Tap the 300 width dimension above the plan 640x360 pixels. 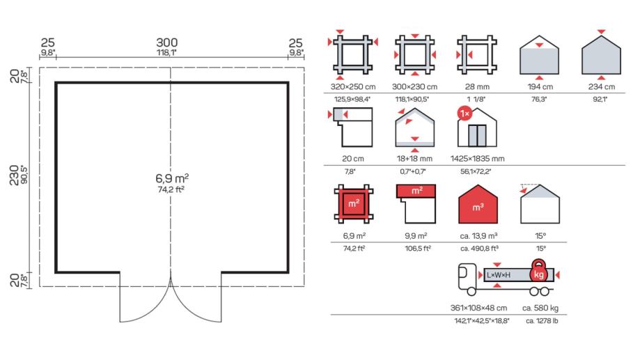click(167, 42)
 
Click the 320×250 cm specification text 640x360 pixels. click(354, 87)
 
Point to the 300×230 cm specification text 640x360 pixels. click(416, 87)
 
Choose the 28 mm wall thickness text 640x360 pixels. click(478, 87)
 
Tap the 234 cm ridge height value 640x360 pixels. click(601, 87)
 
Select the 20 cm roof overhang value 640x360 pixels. click(354, 158)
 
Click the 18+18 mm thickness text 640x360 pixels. click(416, 158)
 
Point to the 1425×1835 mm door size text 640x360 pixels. click(478, 158)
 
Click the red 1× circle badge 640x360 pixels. click(464, 112)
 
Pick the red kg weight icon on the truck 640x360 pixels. click(538, 272)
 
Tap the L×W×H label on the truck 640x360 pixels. click(499, 275)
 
